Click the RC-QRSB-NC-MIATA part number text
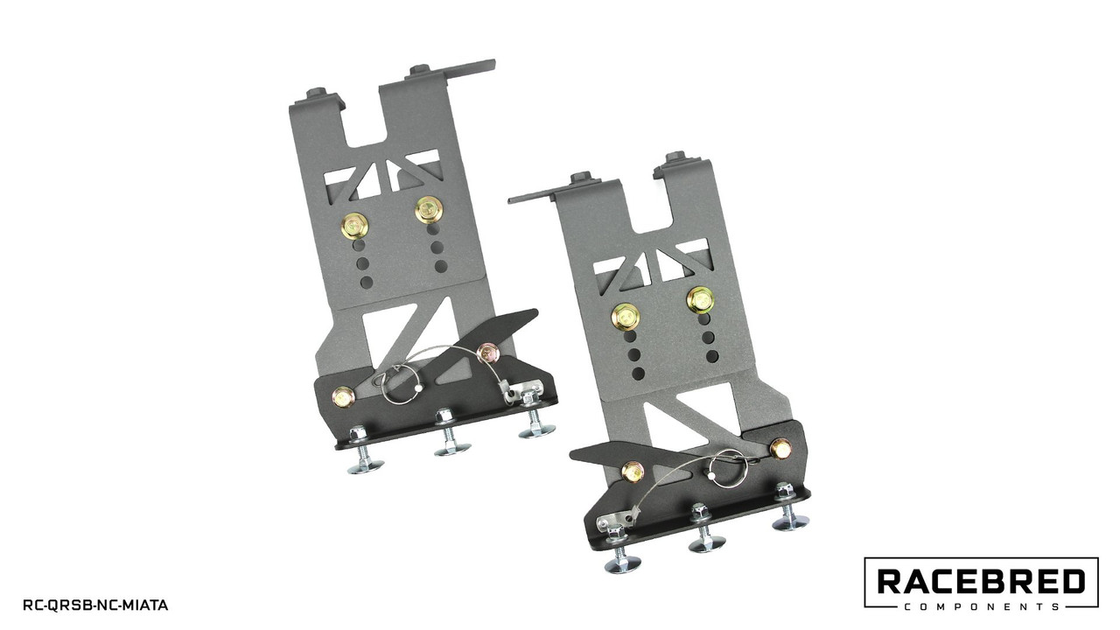[x=95, y=605]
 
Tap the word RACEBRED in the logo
[x=982, y=582]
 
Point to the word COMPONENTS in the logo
[x=982, y=607]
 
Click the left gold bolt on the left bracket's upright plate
[x=354, y=227]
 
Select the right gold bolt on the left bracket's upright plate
[x=429, y=210]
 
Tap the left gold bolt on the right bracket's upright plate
[x=625, y=317]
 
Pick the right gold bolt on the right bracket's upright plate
[x=700, y=300]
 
